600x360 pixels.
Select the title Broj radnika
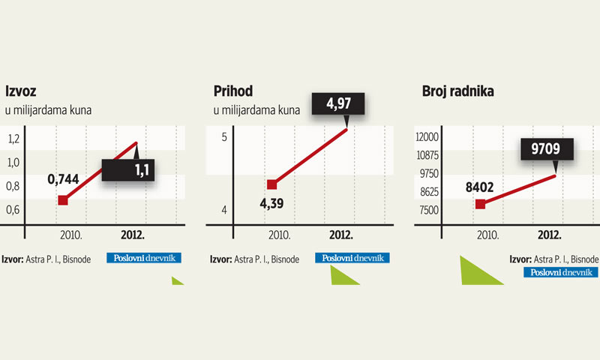(x=462, y=92)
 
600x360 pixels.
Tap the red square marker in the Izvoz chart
(x=63, y=199)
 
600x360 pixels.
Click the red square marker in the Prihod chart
(x=272, y=184)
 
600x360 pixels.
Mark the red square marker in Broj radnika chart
(x=481, y=204)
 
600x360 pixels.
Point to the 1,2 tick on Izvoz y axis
(x=14, y=139)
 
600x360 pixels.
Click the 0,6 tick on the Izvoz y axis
(x=14, y=209)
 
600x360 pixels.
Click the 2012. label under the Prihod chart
(x=341, y=235)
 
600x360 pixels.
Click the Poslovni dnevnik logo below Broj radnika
(x=561, y=272)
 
